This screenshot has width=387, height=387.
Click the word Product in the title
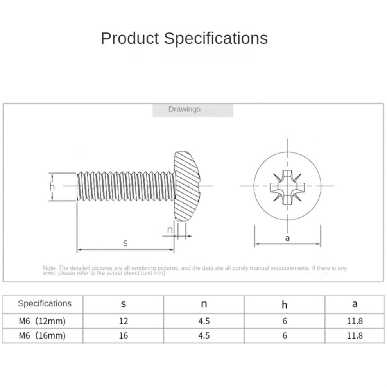[130, 38]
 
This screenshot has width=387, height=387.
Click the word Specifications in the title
[215, 38]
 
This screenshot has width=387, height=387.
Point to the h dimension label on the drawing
[52, 187]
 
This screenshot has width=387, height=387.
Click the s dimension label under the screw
[125, 243]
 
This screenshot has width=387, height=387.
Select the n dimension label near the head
[170, 230]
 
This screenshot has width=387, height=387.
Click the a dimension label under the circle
[287, 238]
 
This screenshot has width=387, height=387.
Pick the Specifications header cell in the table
[45, 303]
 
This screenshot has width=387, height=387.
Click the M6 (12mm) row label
[42, 321]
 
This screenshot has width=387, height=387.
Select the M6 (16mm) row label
[42, 335]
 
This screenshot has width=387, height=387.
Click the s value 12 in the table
[123, 321]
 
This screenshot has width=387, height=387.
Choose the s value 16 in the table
[123, 335]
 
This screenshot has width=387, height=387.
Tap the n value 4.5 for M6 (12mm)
[204, 321]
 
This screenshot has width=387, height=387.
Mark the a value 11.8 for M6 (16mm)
[355, 335]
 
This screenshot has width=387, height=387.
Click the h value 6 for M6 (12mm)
[285, 321]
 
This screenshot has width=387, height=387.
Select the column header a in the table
[355, 304]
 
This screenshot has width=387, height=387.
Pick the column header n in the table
[204, 304]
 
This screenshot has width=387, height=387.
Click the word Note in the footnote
[50, 268]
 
